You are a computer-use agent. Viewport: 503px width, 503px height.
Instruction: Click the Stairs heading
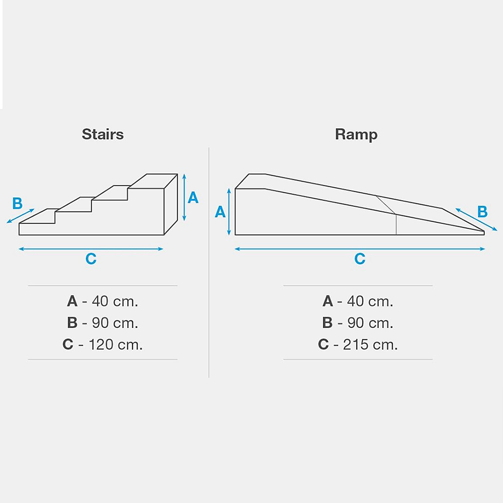[x=103, y=134]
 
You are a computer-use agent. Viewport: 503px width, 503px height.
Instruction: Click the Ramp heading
[x=356, y=135]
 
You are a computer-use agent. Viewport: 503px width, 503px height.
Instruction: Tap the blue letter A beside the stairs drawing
[x=193, y=198]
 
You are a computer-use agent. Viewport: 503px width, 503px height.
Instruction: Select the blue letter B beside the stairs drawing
[x=17, y=203]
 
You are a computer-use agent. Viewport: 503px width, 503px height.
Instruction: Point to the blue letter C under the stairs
[x=91, y=259]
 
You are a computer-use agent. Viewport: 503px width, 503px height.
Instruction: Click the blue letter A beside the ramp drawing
[x=220, y=212]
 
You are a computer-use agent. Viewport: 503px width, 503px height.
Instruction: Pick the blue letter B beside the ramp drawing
[x=482, y=212]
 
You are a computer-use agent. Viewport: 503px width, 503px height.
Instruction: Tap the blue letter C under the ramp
[x=360, y=259]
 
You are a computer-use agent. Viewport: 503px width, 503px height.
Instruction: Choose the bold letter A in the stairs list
[x=72, y=301]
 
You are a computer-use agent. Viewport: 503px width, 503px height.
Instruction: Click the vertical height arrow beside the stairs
[x=184, y=197]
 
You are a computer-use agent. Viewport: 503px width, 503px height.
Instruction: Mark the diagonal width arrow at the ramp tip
[x=476, y=219]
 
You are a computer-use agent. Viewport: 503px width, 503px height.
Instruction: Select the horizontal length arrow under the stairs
[x=91, y=249]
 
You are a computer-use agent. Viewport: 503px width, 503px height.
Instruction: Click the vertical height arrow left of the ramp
[x=229, y=212]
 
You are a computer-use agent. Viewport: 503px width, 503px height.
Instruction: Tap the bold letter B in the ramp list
[x=327, y=323]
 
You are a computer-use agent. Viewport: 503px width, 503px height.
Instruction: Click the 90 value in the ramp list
[x=356, y=323]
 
